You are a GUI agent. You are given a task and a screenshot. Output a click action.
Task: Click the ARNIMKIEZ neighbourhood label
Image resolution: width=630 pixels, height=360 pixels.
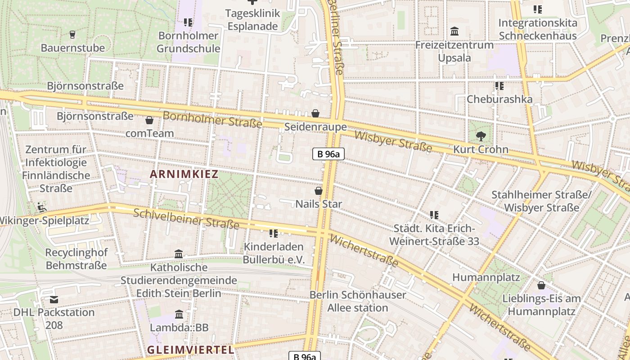pos(184,174)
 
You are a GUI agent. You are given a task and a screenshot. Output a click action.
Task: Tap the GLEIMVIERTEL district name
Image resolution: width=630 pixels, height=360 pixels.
pos(190,350)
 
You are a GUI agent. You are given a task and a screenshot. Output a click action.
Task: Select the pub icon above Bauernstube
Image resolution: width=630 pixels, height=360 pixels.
pos(72,34)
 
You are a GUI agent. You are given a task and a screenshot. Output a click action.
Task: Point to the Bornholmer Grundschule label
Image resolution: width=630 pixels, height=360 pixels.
pos(189,42)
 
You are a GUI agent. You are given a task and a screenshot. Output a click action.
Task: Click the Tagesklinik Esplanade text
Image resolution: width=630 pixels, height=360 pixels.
pos(252,20)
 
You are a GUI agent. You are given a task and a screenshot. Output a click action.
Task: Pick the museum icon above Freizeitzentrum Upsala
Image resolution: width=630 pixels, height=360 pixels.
pos(454,31)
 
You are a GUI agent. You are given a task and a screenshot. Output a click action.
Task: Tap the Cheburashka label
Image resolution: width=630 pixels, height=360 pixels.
pos(499,99)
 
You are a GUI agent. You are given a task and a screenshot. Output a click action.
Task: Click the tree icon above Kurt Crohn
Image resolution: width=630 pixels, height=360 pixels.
pos(481,135)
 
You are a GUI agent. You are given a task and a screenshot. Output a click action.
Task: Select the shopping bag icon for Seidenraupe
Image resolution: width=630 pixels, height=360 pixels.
pos(315,113)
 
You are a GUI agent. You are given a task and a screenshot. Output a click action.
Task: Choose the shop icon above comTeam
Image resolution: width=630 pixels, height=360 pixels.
pos(149,120)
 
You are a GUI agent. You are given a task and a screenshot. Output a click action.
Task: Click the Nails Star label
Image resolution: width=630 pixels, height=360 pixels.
pos(319,204)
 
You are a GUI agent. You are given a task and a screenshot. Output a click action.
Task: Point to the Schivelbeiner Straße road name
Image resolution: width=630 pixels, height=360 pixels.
pos(186,219)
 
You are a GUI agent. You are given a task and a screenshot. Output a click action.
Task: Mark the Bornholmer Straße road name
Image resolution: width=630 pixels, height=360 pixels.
pos(212,119)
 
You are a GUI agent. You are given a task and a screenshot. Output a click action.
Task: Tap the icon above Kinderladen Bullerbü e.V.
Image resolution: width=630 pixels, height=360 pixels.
pos(274,233)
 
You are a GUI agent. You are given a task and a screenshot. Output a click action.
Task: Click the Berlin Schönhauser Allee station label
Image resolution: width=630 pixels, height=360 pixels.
pos(358,301)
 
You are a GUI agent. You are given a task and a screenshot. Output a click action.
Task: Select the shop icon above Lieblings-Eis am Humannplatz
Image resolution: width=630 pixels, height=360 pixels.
pos(541,285)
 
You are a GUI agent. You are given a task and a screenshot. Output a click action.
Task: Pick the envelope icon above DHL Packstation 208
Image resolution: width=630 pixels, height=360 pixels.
pos(54,299)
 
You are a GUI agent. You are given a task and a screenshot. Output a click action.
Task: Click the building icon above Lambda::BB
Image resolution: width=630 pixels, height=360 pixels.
pos(179,314)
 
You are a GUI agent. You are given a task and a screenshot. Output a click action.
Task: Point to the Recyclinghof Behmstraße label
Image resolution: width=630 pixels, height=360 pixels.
pos(76,259)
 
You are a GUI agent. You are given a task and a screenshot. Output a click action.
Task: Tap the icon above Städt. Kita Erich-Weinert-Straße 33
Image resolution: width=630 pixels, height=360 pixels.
pos(434,215)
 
